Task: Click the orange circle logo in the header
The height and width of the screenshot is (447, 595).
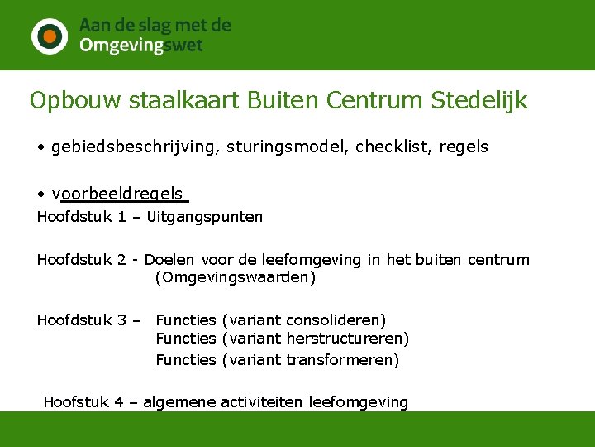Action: [x=50, y=36]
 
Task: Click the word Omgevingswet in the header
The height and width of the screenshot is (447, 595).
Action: [x=140, y=46]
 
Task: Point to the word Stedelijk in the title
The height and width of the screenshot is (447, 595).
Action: [x=479, y=101]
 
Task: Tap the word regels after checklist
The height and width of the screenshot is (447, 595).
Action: [x=465, y=147]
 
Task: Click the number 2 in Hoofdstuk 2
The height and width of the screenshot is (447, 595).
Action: [x=121, y=260]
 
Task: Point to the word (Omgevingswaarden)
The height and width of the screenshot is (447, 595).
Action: [x=236, y=277]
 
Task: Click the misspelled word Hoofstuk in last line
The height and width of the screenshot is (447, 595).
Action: [x=76, y=402]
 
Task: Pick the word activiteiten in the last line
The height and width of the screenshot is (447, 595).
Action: [x=258, y=402]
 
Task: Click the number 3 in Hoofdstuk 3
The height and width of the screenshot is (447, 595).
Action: [x=121, y=320]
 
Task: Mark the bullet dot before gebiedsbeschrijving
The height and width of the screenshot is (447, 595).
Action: [x=40, y=148]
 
